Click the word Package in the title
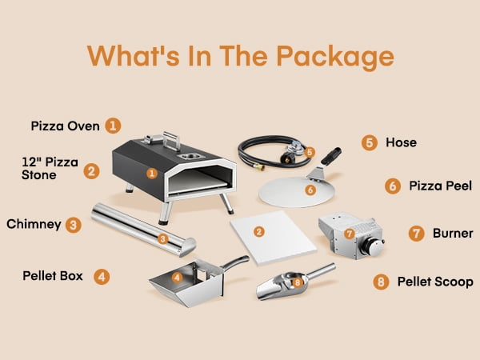point(335,56)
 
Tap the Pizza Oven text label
point(66,126)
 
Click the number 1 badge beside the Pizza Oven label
point(113,126)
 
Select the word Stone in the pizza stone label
point(39,175)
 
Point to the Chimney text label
point(34,224)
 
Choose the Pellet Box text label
point(53,276)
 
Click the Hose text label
point(401,142)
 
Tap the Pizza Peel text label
point(440,186)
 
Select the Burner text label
point(453,234)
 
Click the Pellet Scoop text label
point(435,282)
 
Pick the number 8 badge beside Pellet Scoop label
point(381,282)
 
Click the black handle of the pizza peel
point(331,156)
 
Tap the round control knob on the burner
point(372,246)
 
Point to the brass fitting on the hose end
point(260,167)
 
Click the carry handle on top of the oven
point(171,141)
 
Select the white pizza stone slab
point(273,238)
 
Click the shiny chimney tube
point(144,230)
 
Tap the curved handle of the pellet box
point(235,263)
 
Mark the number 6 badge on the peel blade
point(310,190)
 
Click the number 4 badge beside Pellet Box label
point(102,277)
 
